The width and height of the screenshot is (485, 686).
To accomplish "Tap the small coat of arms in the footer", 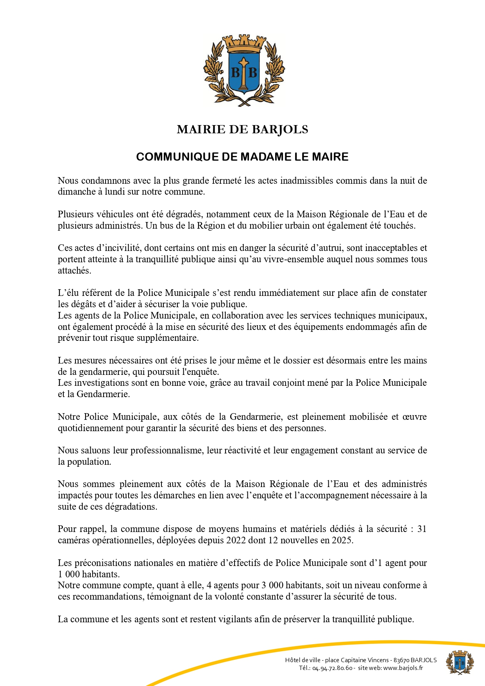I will click(460, 662).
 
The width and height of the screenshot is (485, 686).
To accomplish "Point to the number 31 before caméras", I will click(422, 529).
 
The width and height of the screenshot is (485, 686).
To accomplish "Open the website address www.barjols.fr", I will click(403, 668).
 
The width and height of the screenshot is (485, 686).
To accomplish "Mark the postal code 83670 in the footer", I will click(401, 660).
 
